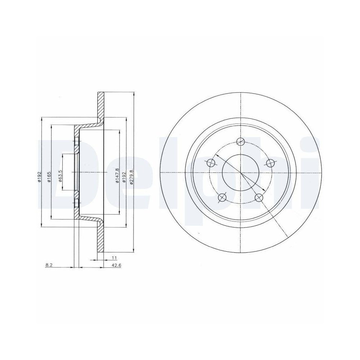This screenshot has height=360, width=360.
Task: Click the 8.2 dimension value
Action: (49, 265)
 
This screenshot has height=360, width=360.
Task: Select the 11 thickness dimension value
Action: (114, 258)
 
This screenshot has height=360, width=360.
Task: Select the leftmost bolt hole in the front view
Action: (211, 163)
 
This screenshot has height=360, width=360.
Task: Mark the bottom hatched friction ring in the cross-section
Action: (101, 238)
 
